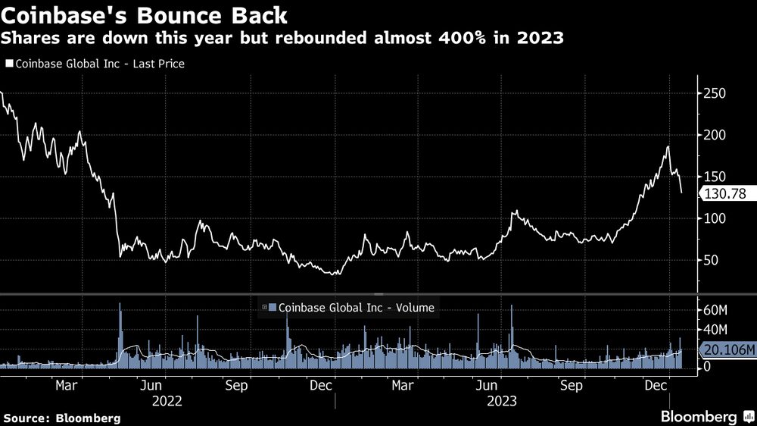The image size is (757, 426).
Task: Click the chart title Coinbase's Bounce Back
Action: (144, 14)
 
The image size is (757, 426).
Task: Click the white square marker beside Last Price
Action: (9, 64)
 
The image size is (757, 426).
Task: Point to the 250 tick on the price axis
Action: (715, 93)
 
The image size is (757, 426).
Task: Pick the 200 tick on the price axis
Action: (715, 135)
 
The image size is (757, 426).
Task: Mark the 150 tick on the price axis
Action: (715, 177)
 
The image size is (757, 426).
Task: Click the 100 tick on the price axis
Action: (715, 218)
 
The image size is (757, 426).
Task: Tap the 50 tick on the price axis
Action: (712, 260)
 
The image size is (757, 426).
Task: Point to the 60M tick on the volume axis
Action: (716, 311)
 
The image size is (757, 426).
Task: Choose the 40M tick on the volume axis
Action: (716, 330)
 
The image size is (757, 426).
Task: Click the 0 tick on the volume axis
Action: (707, 367)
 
